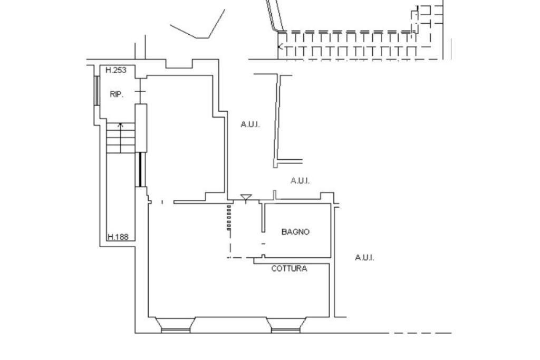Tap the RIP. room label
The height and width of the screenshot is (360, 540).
tap(117, 94)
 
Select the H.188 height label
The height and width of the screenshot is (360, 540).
tap(118, 237)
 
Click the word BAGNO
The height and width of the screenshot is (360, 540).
tap(295, 231)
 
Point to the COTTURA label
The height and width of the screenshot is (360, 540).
tap(289, 268)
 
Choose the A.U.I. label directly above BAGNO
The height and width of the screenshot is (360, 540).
tap(300, 181)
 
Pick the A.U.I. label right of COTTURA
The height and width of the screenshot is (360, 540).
tap(364, 258)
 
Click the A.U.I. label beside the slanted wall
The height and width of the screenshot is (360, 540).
tap(250, 124)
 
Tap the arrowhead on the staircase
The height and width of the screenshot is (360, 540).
tap(121, 125)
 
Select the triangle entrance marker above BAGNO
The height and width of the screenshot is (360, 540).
tap(246, 198)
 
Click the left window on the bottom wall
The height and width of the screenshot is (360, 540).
tap(175, 325)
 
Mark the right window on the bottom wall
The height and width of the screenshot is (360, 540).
tap(285, 325)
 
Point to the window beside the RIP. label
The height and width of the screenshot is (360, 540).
tap(97, 91)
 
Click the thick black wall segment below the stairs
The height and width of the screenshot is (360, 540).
tap(140, 169)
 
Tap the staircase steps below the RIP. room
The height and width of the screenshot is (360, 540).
tap(121, 138)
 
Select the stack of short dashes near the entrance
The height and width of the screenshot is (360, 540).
tap(229, 217)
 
